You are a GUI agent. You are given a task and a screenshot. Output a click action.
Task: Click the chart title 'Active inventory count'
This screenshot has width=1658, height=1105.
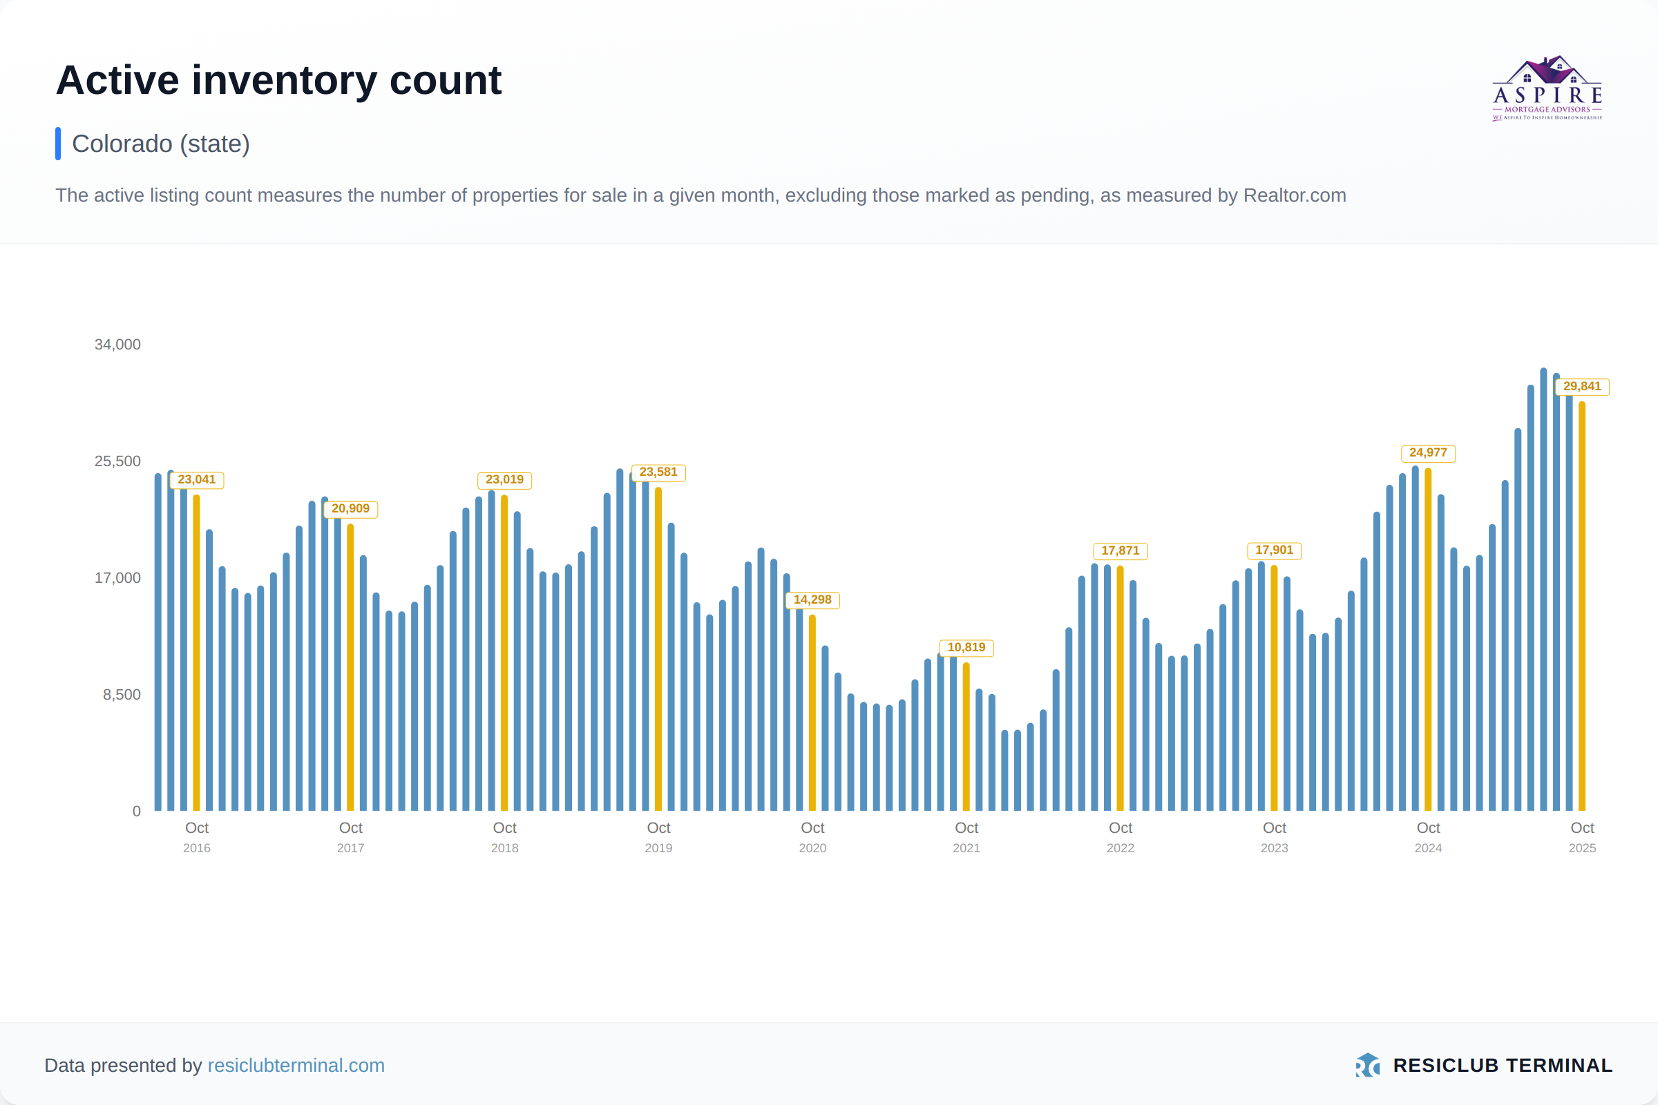[278, 80]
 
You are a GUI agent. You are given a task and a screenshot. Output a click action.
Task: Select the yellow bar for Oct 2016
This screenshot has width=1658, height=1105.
[197, 652]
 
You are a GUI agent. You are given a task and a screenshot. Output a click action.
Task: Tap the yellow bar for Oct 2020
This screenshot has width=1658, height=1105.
[812, 712]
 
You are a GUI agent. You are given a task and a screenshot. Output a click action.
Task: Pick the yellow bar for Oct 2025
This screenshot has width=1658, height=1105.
[1582, 606]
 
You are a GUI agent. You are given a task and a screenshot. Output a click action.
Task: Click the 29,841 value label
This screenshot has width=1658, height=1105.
[1582, 386]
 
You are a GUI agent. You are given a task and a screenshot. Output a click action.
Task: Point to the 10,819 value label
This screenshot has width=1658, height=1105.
[966, 648]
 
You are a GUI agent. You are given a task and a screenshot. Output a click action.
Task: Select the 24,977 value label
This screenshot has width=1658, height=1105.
[1427, 453]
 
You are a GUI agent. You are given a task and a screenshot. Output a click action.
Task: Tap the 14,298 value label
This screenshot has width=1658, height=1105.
[812, 599]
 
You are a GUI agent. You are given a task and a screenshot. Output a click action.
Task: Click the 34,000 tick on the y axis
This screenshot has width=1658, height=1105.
[117, 345]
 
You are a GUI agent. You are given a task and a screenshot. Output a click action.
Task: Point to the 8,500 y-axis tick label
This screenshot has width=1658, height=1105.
[122, 695]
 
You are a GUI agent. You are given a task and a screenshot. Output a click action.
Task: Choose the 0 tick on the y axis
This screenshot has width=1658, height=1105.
[137, 811]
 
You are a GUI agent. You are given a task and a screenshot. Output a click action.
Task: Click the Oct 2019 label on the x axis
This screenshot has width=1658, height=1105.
[658, 836]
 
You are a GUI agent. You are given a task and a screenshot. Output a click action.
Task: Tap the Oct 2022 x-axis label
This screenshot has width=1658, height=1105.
[1120, 836]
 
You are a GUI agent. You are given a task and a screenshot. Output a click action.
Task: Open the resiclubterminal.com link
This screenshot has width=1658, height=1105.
[296, 1065]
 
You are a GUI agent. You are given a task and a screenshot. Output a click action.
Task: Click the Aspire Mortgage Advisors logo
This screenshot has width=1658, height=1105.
[1547, 89]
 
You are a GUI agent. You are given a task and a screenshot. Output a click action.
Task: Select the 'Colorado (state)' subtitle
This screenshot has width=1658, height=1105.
[161, 144]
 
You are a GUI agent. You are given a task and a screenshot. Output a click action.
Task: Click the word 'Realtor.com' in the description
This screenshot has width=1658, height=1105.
[1294, 195]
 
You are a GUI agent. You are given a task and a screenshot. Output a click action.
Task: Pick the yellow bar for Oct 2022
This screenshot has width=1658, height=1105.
[1120, 687]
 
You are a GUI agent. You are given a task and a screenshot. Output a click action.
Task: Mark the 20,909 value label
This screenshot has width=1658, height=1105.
[350, 509]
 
